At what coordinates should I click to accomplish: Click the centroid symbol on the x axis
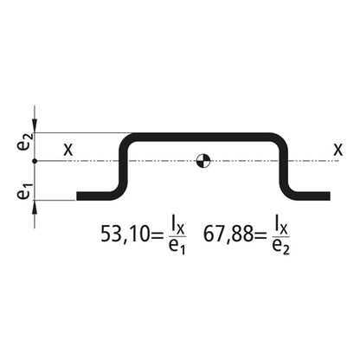coord(202,160)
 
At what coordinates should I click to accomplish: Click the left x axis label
coord(68,149)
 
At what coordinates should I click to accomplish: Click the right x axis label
coord(336,149)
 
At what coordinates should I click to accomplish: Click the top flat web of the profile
coord(204,136)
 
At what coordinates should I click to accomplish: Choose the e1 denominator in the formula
coord(177,247)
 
